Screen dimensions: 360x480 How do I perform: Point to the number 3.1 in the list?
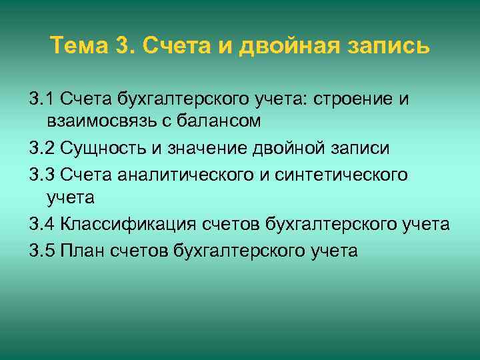tap(43, 99)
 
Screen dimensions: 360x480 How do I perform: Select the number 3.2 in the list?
tap(43, 147)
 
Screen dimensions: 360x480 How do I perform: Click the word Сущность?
tap(98, 147)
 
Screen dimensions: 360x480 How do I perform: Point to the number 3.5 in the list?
tap(43, 251)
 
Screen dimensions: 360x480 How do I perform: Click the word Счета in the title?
tap(173, 47)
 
